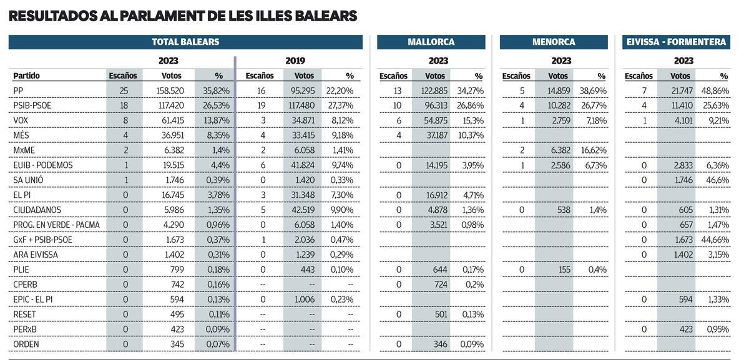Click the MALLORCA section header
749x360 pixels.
(431, 42)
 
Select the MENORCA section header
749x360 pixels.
(554, 42)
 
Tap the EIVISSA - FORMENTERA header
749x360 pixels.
(676, 42)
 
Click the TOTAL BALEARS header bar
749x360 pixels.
(185, 42)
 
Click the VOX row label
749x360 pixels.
(21, 120)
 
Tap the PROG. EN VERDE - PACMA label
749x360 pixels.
(56, 225)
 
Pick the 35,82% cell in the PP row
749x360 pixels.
(217, 90)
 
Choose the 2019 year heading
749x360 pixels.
(295, 61)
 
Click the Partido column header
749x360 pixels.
(26, 76)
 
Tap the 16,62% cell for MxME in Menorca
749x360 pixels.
(594, 150)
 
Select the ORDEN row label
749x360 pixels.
(26, 344)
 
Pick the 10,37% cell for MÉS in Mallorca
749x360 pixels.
(471, 135)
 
